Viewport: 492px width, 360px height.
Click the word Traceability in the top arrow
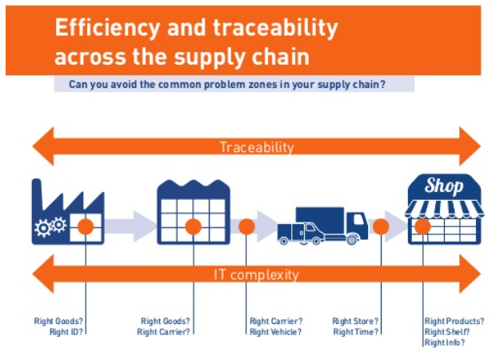(x=257, y=147)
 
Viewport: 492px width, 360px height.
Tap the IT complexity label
(x=256, y=274)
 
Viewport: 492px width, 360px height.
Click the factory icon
(x=68, y=212)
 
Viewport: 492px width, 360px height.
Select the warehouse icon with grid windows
(x=194, y=212)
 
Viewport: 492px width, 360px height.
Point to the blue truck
(x=322, y=226)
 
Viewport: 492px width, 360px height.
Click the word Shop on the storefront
(x=444, y=186)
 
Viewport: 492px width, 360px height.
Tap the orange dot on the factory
(x=86, y=226)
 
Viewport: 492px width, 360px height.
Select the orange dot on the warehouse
(x=194, y=226)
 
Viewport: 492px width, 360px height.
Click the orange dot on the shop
(x=422, y=226)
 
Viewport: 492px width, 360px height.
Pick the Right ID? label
(x=66, y=332)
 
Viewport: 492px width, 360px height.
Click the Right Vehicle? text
(x=275, y=332)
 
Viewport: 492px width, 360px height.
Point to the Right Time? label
(x=356, y=332)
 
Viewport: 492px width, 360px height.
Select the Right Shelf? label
(x=447, y=332)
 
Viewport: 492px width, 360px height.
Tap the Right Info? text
(x=445, y=342)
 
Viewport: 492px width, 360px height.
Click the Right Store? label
(x=355, y=321)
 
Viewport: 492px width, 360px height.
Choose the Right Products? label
(x=454, y=321)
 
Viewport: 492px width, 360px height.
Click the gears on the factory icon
(x=50, y=226)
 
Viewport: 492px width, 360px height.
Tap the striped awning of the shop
(x=444, y=209)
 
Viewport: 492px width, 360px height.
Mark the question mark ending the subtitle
(x=382, y=85)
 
